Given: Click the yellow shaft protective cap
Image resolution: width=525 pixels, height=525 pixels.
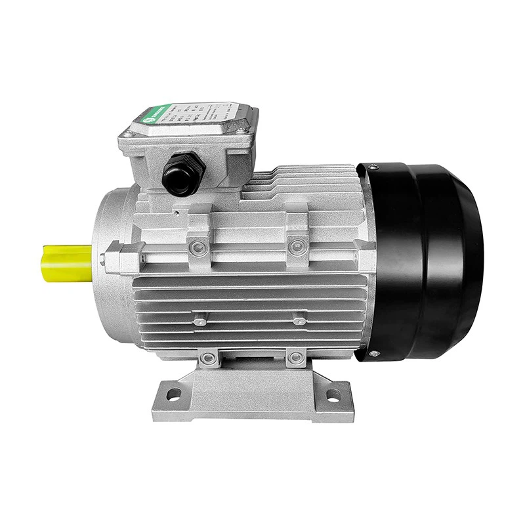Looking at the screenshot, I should [66, 262].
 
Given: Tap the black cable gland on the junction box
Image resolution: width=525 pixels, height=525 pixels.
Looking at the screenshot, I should [184, 175].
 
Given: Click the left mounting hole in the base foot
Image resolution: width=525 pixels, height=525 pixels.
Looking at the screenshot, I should [173, 394].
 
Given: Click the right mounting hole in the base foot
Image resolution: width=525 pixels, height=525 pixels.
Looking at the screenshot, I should [333, 395].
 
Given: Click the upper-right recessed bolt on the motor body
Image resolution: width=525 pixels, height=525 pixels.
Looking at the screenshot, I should [296, 246].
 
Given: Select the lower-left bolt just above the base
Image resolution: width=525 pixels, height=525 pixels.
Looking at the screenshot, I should [209, 358].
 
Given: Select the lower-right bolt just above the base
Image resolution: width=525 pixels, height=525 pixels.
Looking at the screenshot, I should [295, 358].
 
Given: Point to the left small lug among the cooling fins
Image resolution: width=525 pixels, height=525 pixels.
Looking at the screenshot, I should [199, 322].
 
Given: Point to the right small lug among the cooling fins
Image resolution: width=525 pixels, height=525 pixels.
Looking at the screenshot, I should [299, 321].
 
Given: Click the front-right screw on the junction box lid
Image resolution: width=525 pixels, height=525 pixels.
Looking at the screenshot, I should [242, 131].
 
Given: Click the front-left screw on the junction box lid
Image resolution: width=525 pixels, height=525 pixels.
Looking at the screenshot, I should [129, 134].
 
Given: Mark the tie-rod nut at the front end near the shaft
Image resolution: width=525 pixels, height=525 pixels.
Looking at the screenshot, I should [105, 258].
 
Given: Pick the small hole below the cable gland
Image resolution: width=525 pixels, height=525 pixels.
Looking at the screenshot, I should [177, 212].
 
